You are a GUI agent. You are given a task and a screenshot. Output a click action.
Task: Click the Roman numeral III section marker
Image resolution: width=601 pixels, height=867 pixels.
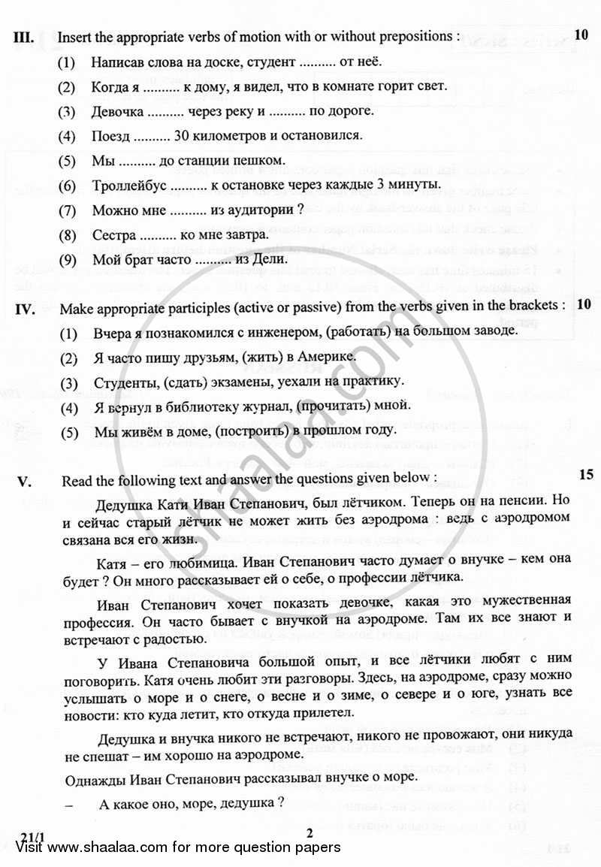tap(24, 36)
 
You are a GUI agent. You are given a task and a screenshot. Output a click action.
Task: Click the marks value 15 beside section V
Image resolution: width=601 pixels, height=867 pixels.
tap(587, 474)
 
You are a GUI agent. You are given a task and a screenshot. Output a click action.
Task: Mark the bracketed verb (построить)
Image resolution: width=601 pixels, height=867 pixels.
tap(259, 430)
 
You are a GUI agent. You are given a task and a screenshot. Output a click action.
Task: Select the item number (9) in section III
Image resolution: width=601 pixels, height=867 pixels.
tap(68, 259)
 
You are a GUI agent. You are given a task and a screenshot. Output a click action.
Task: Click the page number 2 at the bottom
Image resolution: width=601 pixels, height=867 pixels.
tap(310, 831)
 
